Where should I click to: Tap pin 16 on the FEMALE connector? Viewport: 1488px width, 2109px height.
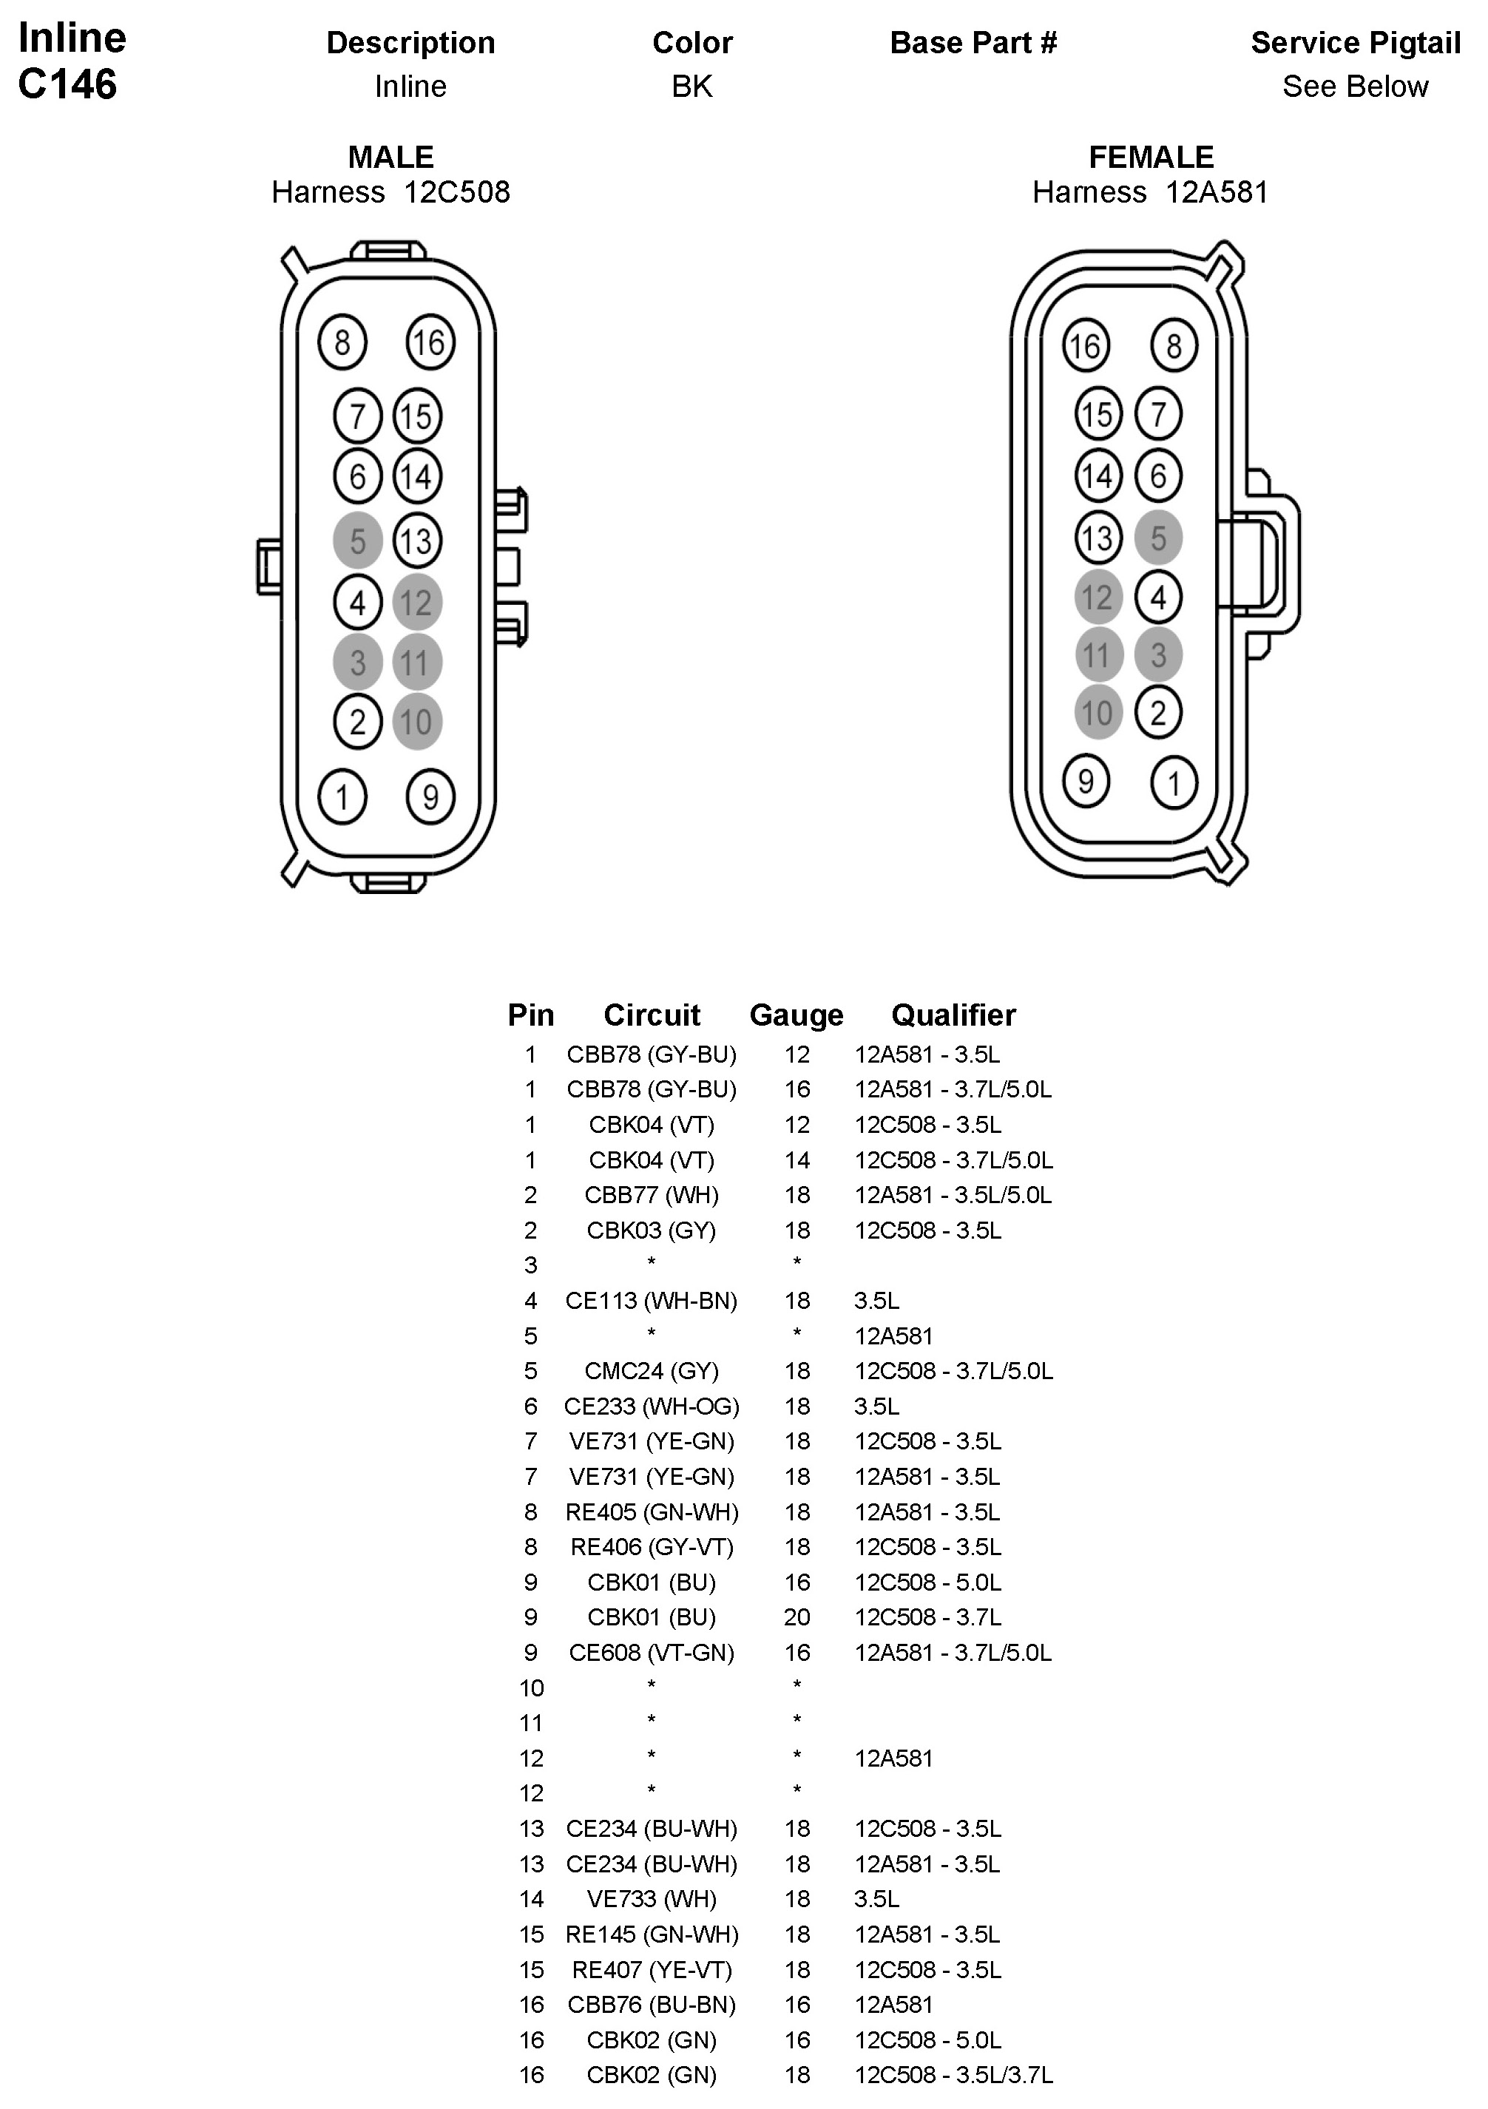(x=1086, y=346)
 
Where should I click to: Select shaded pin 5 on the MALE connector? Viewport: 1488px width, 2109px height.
(x=357, y=541)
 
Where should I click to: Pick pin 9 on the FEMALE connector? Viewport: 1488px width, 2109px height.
(x=1086, y=782)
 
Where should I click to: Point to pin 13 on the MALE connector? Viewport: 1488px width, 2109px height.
(x=417, y=541)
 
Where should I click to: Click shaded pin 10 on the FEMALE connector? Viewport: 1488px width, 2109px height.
(x=1098, y=713)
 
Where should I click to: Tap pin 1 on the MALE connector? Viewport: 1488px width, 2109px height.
(x=342, y=796)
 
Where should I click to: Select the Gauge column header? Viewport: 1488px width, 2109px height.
(x=797, y=1015)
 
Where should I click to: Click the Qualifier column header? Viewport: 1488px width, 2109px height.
(x=953, y=1015)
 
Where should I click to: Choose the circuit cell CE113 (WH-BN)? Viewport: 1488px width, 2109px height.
(x=652, y=1301)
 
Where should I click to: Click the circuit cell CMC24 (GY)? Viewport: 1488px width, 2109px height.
(x=652, y=1372)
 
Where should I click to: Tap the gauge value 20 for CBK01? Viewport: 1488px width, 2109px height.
(x=797, y=1617)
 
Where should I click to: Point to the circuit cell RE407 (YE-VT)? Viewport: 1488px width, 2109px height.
(x=652, y=1970)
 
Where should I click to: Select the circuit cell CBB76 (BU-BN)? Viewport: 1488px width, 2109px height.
(x=652, y=2005)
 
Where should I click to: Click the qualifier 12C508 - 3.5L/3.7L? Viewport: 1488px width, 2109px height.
(x=953, y=2076)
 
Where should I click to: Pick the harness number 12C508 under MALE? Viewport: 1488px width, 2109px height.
(x=456, y=193)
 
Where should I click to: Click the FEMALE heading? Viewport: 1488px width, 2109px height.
(x=1151, y=157)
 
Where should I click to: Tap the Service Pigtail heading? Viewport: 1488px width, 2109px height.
(x=1355, y=43)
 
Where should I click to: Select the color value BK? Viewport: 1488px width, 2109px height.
(x=691, y=87)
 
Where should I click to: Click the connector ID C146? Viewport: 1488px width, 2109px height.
(x=67, y=84)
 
